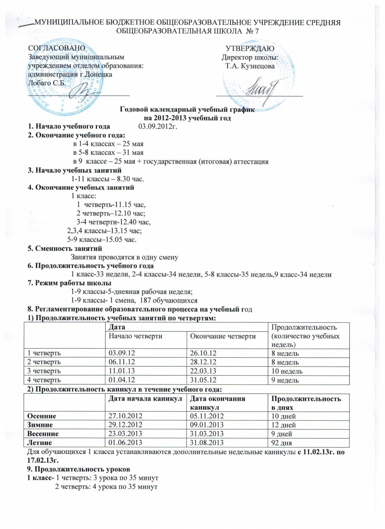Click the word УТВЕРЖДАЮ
[x=250, y=48]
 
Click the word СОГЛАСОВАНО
[x=57, y=48]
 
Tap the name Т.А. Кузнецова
[x=250, y=66]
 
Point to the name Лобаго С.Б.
[x=46, y=83]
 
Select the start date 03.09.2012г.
[x=158, y=126]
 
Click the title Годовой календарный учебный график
[x=187, y=109]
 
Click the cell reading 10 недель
[x=287, y=371]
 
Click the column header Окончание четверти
[x=223, y=336]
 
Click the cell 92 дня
[x=282, y=443]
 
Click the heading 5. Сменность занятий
[x=65, y=248]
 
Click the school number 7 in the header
[x=257, y=31]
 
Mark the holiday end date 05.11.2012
[x=207, y=416]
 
